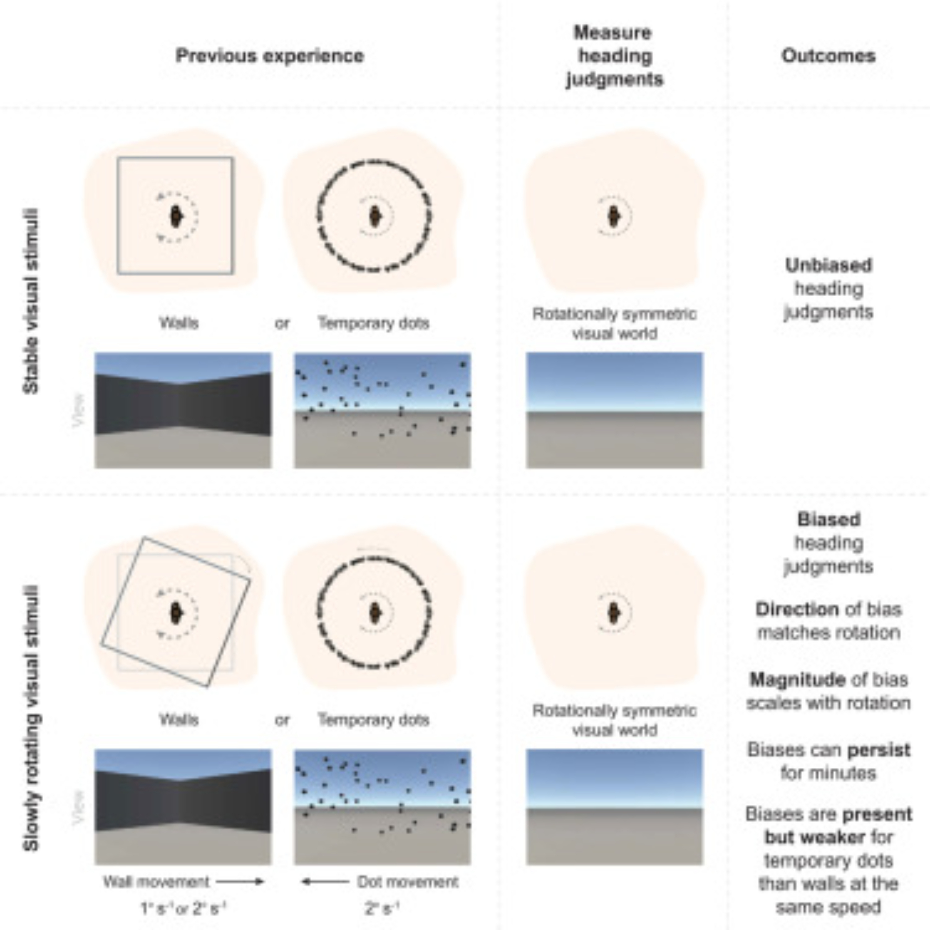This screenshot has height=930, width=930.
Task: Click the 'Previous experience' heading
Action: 270,56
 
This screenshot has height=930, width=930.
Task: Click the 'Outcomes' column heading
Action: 828,56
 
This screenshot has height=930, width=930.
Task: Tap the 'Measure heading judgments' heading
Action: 614,56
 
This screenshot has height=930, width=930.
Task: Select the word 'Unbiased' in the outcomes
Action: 828,265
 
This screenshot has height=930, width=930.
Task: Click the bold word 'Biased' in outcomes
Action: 828,519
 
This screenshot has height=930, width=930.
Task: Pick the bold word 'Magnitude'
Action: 797,680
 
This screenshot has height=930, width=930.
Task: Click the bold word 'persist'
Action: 878,750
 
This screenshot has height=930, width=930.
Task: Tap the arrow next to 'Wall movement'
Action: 240,882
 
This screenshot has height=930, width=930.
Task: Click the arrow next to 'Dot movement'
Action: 325,882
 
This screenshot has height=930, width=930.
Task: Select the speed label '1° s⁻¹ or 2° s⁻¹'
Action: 183,908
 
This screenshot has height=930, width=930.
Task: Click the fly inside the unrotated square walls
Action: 176,217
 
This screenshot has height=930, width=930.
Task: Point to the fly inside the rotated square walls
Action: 176,613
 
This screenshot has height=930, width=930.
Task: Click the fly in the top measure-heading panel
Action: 613,216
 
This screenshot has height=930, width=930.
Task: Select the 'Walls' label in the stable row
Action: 179,323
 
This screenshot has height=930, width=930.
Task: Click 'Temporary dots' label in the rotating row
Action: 373,720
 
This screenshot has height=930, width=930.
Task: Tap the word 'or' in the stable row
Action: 282,324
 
